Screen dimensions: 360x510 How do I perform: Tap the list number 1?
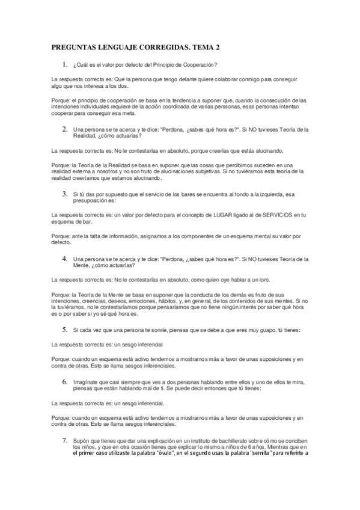64,64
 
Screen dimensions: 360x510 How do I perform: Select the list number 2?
64,129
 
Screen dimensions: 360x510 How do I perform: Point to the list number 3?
64,194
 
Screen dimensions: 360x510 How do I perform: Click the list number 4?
64,259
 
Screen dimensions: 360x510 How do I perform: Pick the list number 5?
64,330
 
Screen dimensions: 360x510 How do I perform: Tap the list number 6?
64,382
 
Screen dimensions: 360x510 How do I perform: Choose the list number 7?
64,440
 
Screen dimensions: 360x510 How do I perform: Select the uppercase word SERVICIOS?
255,214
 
